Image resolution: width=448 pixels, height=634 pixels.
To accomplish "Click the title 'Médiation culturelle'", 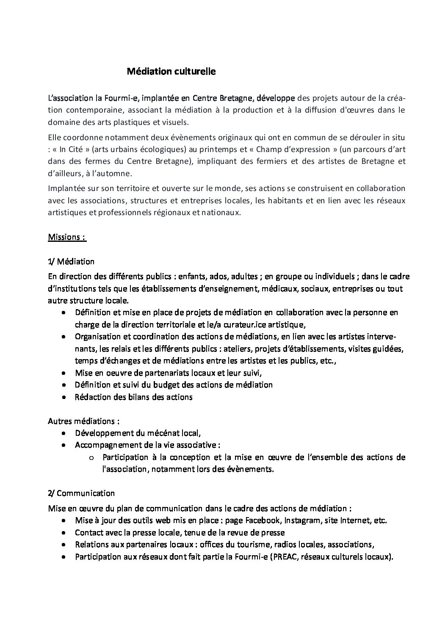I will [x=171, y=72].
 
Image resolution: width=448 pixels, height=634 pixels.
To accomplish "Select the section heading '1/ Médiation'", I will [x=71, y=261].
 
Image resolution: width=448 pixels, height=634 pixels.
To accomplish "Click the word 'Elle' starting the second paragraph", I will [x=55, y=137].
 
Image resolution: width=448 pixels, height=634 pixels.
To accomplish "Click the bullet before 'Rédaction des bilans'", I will [x=63, y=397].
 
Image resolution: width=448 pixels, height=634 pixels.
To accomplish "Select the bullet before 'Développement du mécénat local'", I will [x=63, y=433].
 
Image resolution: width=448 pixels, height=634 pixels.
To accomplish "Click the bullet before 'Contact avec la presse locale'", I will [x=63, y=532].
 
